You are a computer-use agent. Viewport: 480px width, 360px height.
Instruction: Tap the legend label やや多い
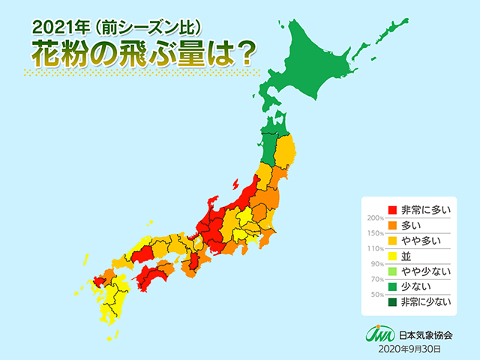pos(419,241)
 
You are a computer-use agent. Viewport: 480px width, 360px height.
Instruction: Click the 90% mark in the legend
pos(375,264)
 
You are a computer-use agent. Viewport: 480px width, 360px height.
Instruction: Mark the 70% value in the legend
pos(375,279)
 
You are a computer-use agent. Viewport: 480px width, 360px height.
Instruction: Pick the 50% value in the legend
pos(375,295)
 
